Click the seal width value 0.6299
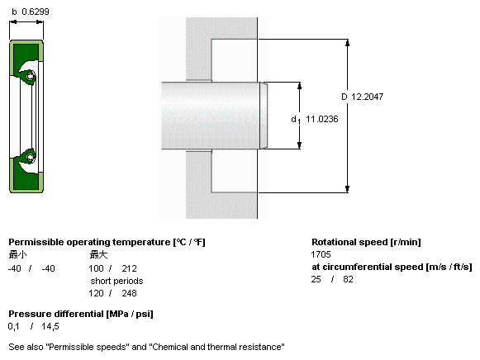(36, 12)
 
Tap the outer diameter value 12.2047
(367, 97)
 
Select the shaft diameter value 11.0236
(322, 119)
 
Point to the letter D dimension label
(345, 97)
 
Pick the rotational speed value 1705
(321, 254)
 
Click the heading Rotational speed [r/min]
(366, 242)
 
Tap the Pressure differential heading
(81, 314)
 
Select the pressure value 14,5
(50, 327)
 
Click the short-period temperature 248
(129, 293)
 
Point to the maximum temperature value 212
(129, 268)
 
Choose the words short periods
(116, 281)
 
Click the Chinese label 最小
(17, 254)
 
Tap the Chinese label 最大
(98, 254)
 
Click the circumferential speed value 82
(348, 279)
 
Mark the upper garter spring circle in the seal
(30, 75)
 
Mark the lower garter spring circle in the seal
(30, 157)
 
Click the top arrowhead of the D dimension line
(348, 42)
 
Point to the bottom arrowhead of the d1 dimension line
(299, 145)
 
